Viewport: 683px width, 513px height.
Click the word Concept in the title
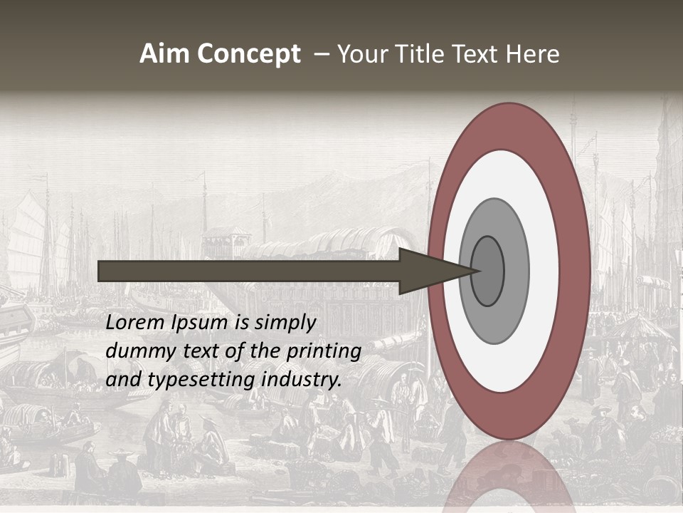click(x=250, y=54)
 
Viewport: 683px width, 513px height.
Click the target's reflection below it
click(x=509, y=477)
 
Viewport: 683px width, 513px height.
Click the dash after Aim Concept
click(x=322, y=54)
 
